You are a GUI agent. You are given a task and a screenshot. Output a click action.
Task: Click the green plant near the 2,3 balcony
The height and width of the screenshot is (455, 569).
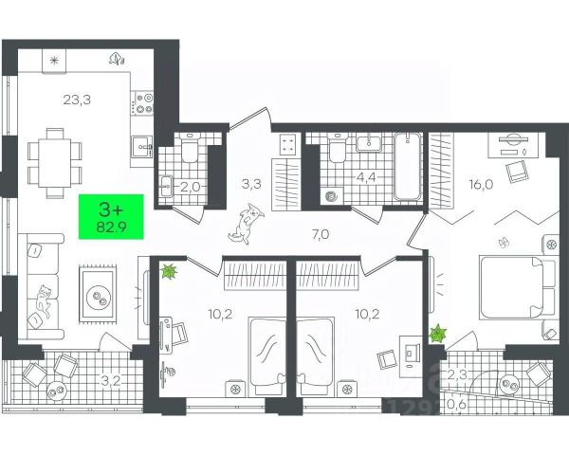pos(438,334)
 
